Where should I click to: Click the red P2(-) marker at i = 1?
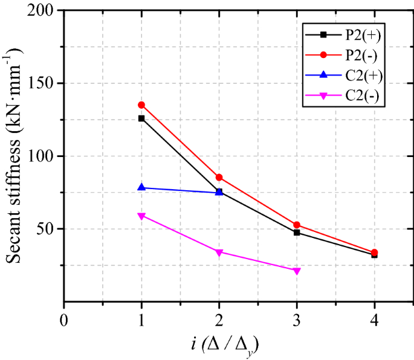coord(141,104)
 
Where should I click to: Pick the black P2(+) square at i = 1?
coord(141,118)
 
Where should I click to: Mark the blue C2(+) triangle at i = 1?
coord(141,187)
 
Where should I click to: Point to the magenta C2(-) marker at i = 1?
coord(141,216)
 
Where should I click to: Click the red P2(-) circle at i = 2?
coord(219,177)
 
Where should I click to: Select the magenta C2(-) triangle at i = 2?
coord(219,252)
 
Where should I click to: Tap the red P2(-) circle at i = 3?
coord(297,225)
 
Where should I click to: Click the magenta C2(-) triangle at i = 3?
coord(297,271)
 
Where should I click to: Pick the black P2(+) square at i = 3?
coord(297,233)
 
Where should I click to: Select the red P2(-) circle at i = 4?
coord(375,252)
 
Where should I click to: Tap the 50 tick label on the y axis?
coord(49,229)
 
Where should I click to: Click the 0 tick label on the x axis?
coord(64,317)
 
